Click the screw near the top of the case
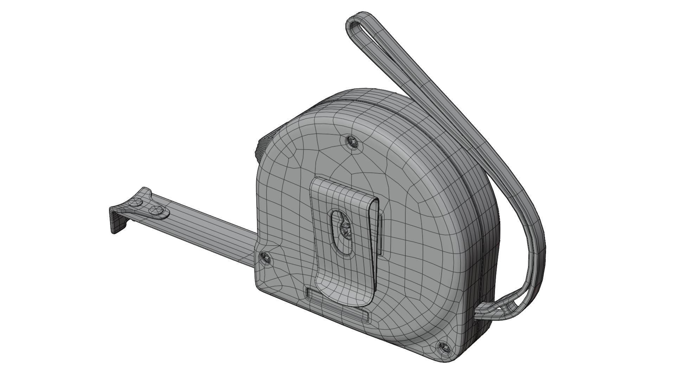[x=352, y=142]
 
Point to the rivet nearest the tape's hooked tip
[x=135, y=203]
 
